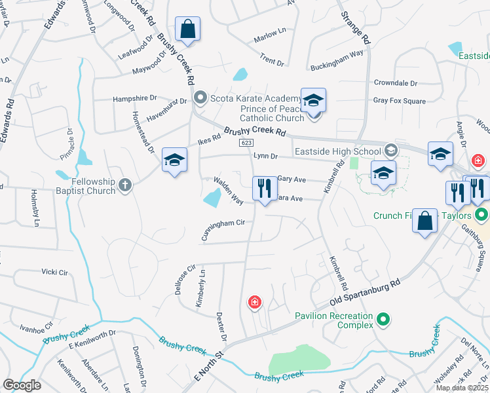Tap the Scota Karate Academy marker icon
pyautogui.click(x=201, y=99)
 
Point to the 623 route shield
pyautogui.click(x=246, y=143)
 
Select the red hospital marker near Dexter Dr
pyautogui.click(x=255, y=302)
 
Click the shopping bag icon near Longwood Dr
pyautogui.click(x=187, y=29)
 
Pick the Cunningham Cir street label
pyautogui.click(x=223, y=231)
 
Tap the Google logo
pyautogui.click(x=22, y=385)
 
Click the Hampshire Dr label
pyautogui.click(x=135, y=98)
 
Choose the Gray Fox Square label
pyautogui.click(x=399, y=101)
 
